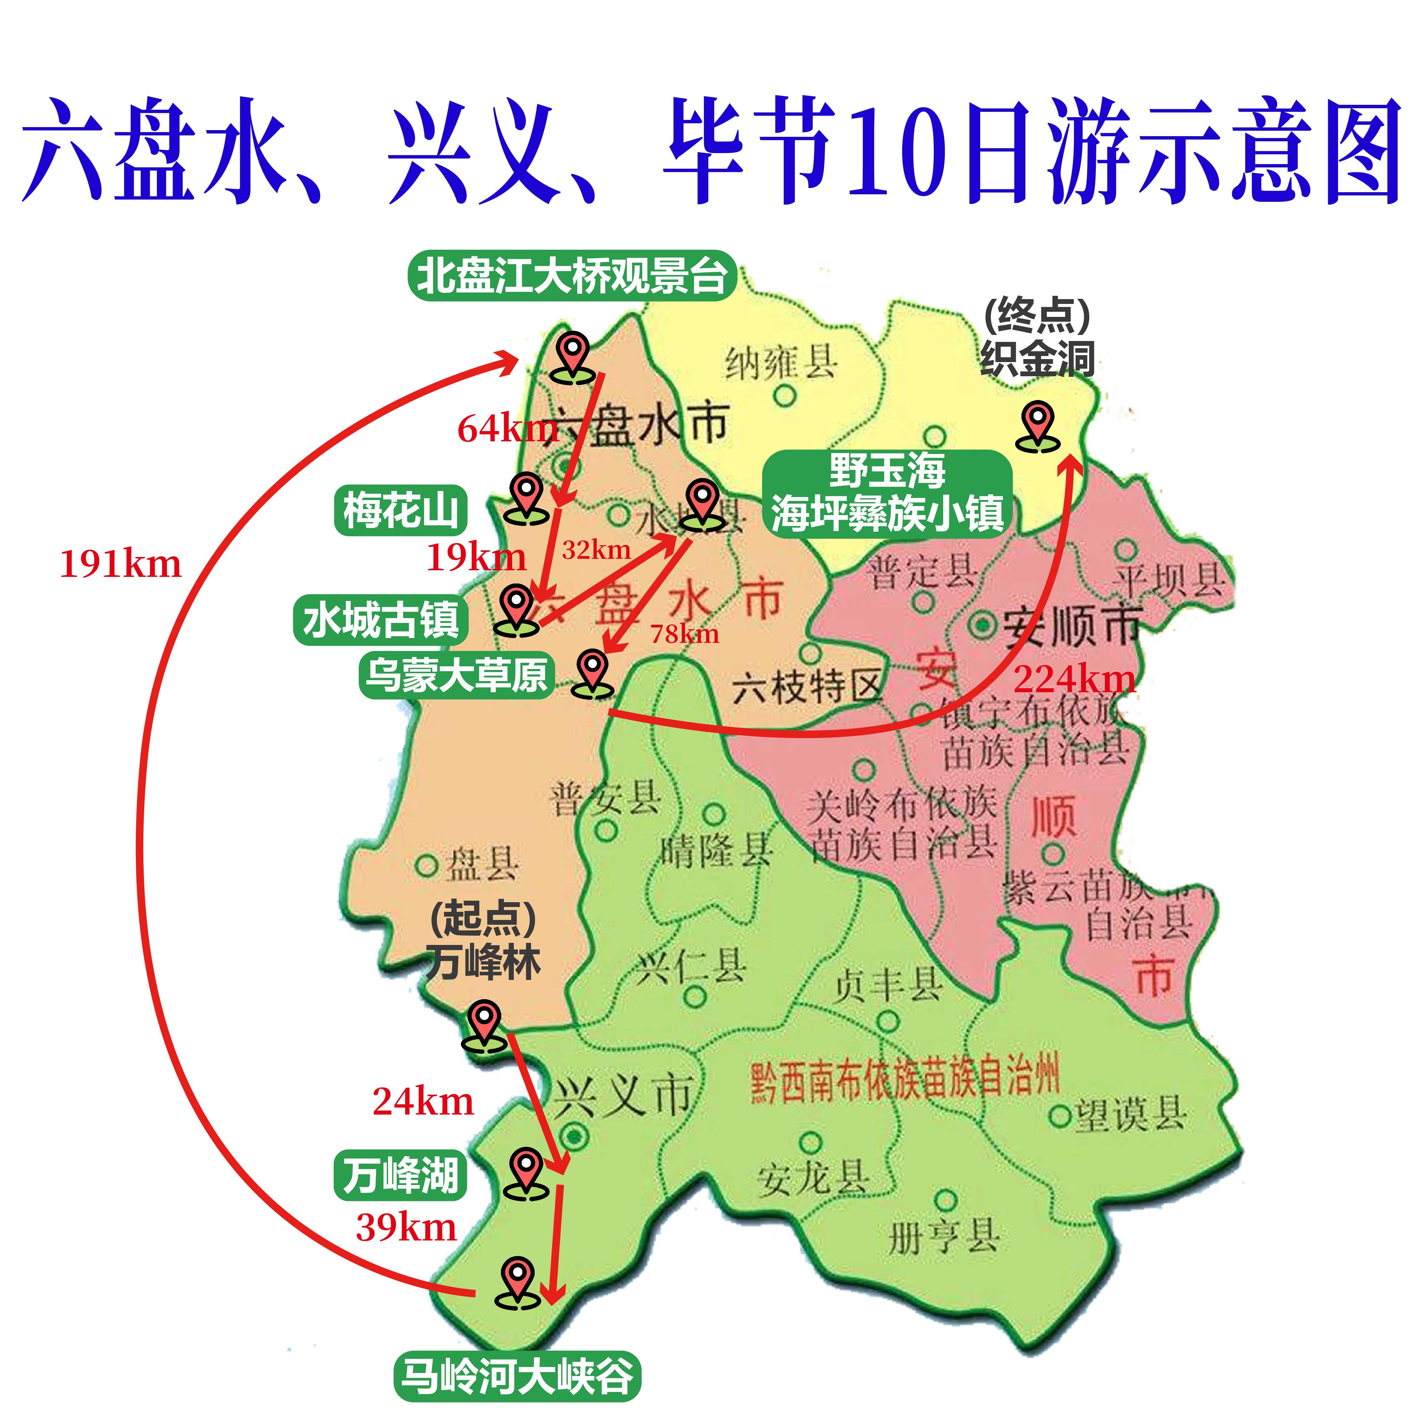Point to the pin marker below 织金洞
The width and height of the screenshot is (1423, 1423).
coord(1038,427)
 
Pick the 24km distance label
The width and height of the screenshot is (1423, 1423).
coord(423,1102)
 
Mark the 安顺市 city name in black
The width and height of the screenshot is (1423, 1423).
coord(1072,626)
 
